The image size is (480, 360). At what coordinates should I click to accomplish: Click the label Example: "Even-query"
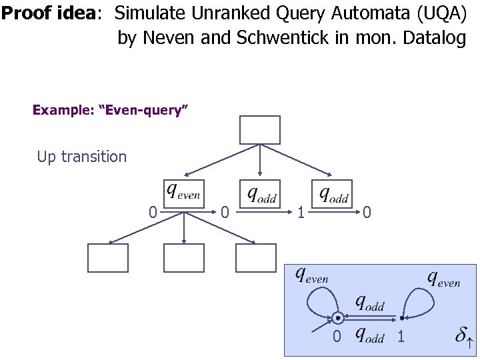[111, 110]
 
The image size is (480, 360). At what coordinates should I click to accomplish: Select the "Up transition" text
[81, 157]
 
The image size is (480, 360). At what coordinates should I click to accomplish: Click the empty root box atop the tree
[260, 130]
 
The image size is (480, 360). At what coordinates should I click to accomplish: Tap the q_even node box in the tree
[183, 193]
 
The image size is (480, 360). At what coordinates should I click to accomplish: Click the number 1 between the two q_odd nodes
[301, 213]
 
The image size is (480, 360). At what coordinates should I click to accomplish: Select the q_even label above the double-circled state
[312, 275]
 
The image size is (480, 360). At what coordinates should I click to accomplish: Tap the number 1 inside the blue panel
[401, 337]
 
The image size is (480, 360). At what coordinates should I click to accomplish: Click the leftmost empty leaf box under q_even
[108, 258]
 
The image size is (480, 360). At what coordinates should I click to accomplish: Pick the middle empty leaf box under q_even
[184, 258]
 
